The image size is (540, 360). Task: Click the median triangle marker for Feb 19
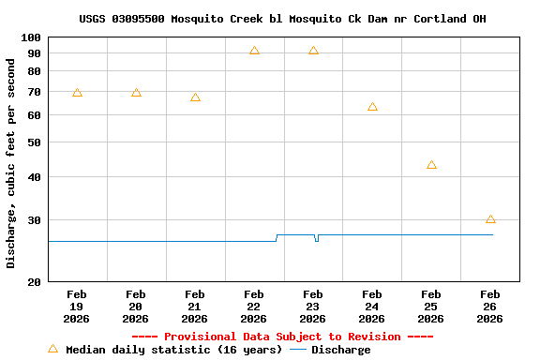(77, 93)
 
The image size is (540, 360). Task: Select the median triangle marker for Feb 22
(254, 51)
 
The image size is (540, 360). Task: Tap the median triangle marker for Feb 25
(431, 165)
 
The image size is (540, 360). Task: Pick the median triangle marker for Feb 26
(490, 219)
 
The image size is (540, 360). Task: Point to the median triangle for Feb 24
(372, 107)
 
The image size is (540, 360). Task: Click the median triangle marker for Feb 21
(195, 97)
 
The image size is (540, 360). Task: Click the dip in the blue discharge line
(317, 240)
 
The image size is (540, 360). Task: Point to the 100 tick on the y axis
(31, 37)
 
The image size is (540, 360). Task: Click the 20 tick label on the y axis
(31, 282)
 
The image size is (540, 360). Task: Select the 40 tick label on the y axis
(31, 177)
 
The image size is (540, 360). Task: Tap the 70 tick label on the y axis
(31, 92)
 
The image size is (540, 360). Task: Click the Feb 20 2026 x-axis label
(136, 307)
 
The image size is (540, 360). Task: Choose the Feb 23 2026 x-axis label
(313, 307)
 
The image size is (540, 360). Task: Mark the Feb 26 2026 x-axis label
(490, 307)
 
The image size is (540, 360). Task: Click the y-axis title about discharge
(11, 164)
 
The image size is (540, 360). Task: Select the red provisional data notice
(282, 337)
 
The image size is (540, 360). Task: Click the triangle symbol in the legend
(52, 349)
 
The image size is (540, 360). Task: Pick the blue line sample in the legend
(297, 350)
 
